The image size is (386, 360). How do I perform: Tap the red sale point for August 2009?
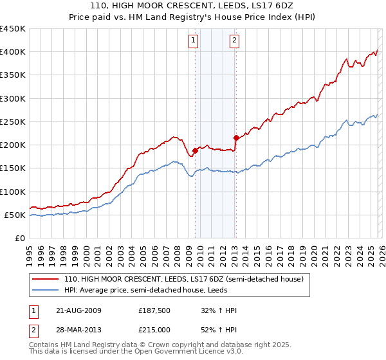tap(195, 150)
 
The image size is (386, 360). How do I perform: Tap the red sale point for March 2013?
tap(236, 138)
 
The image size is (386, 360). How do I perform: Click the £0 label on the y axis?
tap(19, 238)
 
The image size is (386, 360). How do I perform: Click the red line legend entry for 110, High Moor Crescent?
tap(188, 279)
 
